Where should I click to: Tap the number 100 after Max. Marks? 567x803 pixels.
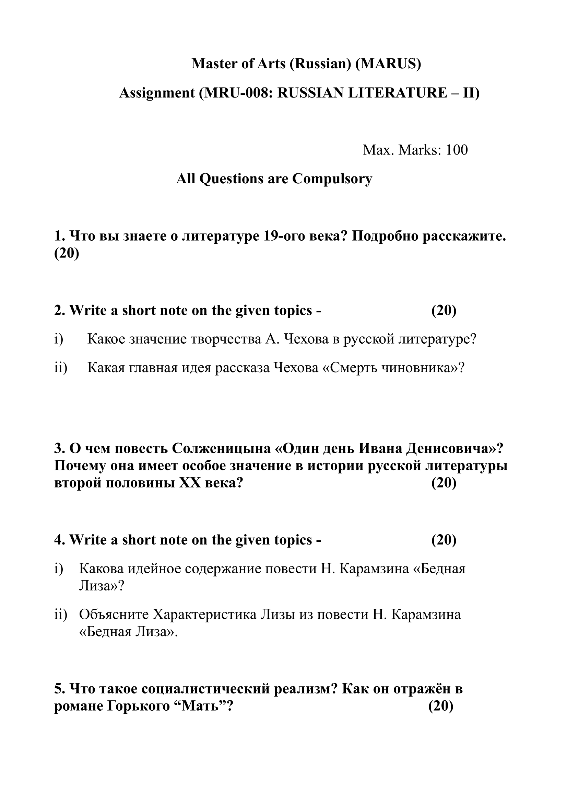click(456, 150)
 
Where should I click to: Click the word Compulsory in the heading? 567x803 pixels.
click(332, 179)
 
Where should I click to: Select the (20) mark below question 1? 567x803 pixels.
click(67, 254)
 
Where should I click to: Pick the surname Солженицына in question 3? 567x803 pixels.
click(221, 448)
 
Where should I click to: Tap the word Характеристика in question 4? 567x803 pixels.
click(205, 615)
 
